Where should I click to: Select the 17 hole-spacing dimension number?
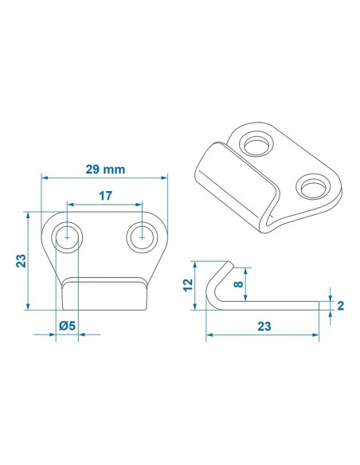click(104, 194)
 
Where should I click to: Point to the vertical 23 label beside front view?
click(22, 261)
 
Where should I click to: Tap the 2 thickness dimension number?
click(339, 305)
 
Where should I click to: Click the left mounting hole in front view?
click(67, 237)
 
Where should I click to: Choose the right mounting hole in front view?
click(142, 236)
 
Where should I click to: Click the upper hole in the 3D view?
click(258, 146)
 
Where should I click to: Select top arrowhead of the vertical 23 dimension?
click(29, 214)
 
